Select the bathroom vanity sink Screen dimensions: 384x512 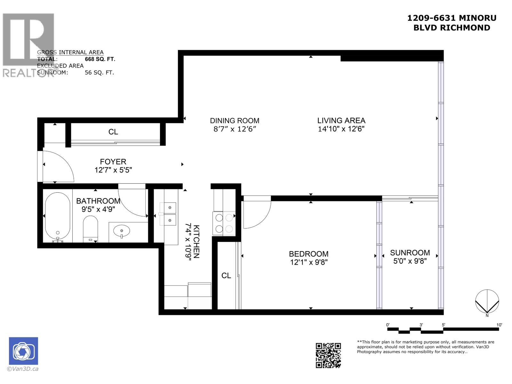pos(122,231)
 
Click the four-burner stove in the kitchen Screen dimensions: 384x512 pos(224,223)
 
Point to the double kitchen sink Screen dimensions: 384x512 pos(168,214)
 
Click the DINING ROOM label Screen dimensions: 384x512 pos(235,121)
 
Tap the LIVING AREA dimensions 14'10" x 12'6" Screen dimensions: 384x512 pos(341,129)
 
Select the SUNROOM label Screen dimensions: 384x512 pos(410,252)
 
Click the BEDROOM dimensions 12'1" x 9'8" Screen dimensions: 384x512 pos(308,262)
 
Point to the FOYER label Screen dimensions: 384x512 pos(113,162)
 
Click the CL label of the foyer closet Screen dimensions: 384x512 pos(113,132)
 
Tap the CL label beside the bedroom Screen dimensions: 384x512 pos(226,276)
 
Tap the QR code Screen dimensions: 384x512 pos(328,355)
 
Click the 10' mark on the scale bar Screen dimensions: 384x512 pos(499,325)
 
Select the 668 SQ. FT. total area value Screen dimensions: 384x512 pos(100,59)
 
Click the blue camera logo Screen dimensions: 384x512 pos(23,351)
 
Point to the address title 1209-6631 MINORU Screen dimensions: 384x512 pos(452,18)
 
